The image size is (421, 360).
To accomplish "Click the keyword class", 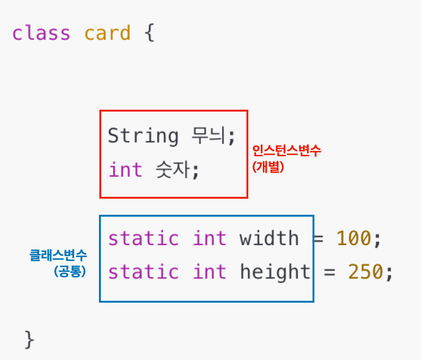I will point(41,33).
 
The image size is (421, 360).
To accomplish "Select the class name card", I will point(107,33).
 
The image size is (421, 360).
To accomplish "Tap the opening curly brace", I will point(149,34).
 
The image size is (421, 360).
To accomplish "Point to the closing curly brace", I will point(29,340).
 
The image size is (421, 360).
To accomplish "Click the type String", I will point(143,136).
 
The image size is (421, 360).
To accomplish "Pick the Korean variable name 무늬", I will point(210,136).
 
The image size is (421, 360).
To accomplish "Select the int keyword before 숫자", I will point(125,170).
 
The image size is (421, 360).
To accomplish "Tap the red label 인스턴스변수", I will point(287,151).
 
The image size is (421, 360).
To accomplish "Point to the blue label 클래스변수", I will point(58,255).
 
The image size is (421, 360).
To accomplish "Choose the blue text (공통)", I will point(70,271).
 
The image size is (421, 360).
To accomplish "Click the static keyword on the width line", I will point(143,238).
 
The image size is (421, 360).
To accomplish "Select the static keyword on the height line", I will point(143,272).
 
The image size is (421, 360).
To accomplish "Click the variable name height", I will point(275,272).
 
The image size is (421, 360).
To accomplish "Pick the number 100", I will point(354,238).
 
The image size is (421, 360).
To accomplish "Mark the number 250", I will point(365,272).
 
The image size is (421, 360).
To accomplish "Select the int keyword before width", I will point(210,238).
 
